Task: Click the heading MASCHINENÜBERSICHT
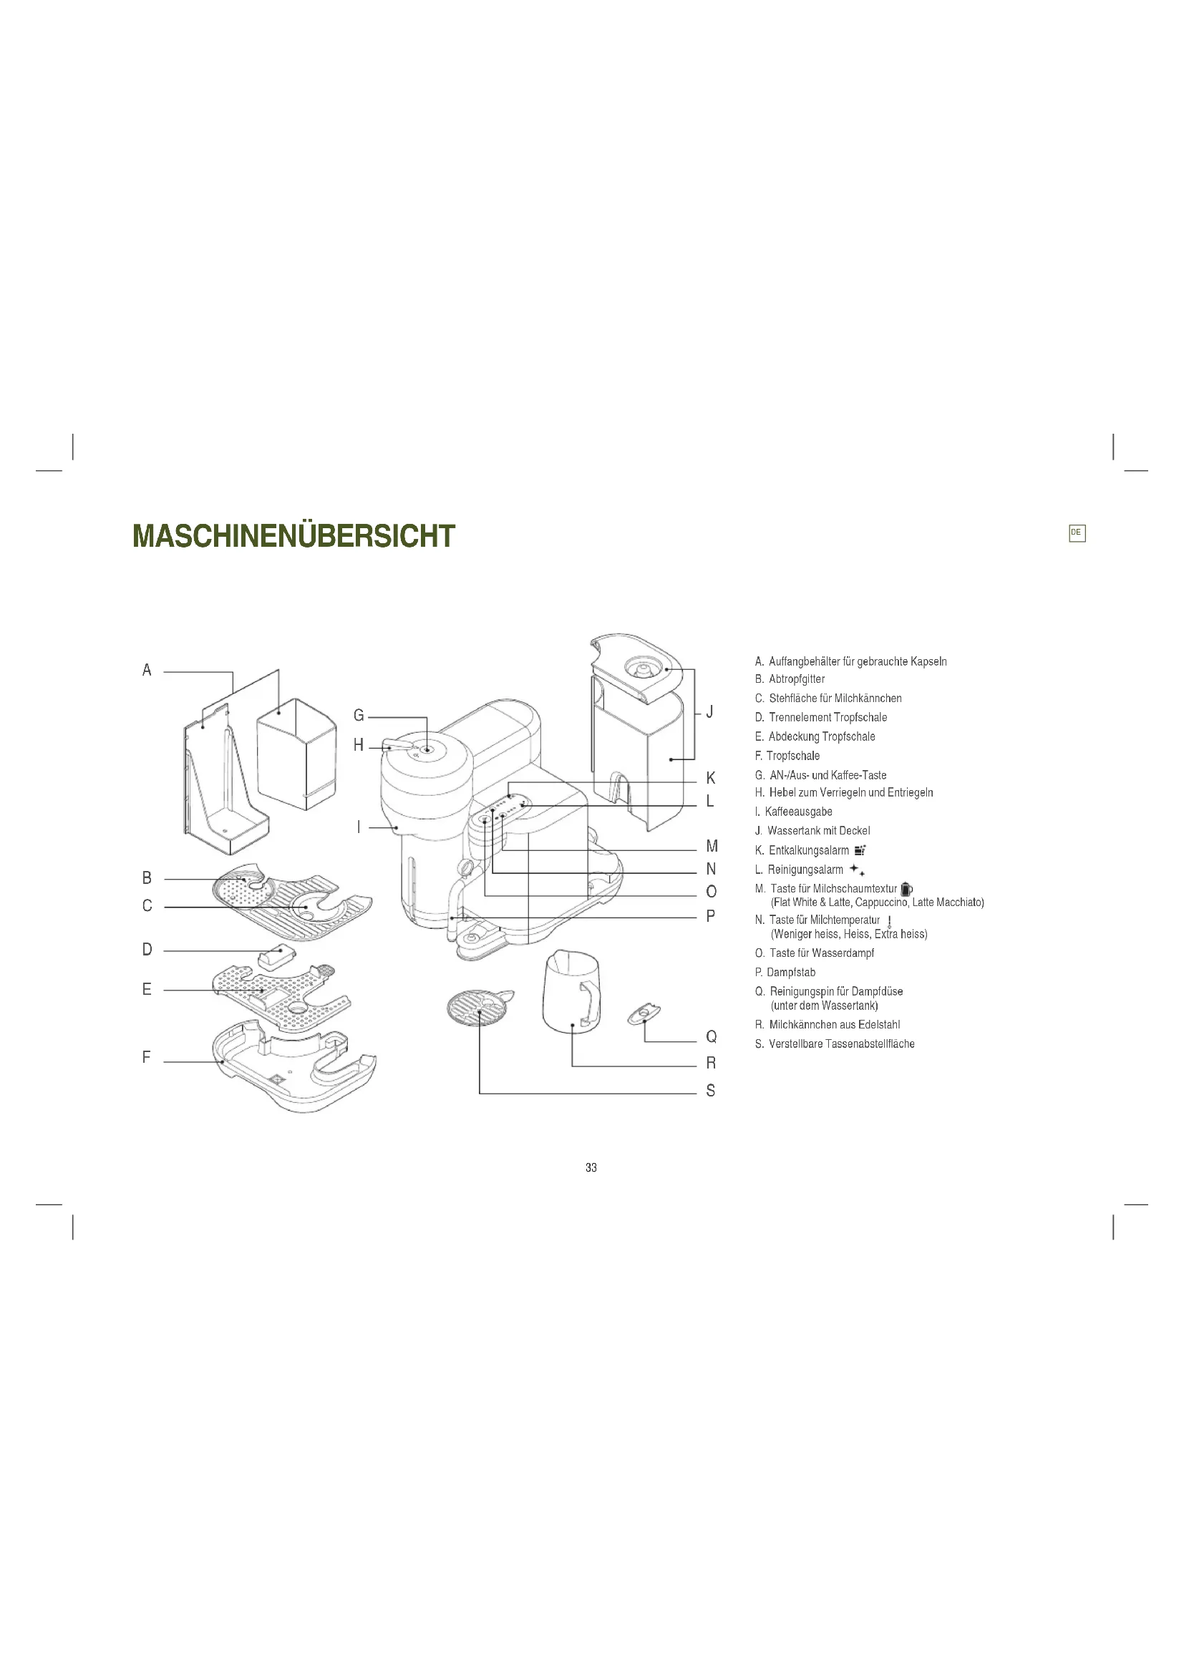[293, 537]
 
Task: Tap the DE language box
[1076, 533]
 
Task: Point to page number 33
[591, 1168]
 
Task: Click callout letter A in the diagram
[147, 670]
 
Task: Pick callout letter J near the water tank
[709, 711]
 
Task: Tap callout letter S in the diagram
[711, 1091]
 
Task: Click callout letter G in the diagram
[359, 716]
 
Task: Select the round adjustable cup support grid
[477, 1008]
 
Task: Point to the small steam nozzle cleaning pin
[644, 1014]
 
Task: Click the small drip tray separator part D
[276, 955]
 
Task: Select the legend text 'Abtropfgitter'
[796, 679]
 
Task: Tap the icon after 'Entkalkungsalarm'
[860, 850]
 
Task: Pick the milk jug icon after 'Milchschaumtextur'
[906, 889]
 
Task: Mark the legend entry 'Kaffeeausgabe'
[798, 812]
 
